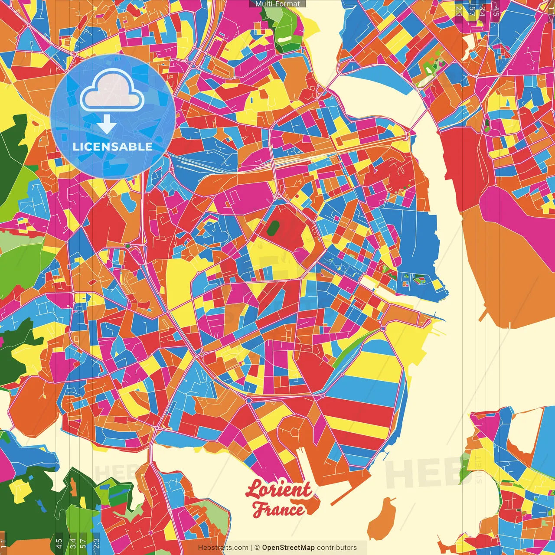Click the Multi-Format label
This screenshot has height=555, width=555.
click(x=277, y=4)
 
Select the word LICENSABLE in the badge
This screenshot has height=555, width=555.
click(x=113, y=147)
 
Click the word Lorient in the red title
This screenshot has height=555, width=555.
click(x=278, y=490)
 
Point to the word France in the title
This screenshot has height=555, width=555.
click(x=278, y=510)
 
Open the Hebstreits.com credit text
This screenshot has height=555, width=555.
click(x=223, y=548)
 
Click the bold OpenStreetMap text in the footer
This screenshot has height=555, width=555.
click(x=288, y=548)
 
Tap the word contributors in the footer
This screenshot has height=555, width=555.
click(x=337, y=548)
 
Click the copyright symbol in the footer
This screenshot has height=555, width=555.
click(x=257, y=548)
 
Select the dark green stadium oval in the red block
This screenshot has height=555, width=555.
click(x=273, y=228)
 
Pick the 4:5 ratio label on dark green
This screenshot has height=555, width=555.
click(x=59, y=542)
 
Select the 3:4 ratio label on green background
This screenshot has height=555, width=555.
click(x=73, y=542)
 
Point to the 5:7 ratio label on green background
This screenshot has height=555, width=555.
click(x=83, y=542)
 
